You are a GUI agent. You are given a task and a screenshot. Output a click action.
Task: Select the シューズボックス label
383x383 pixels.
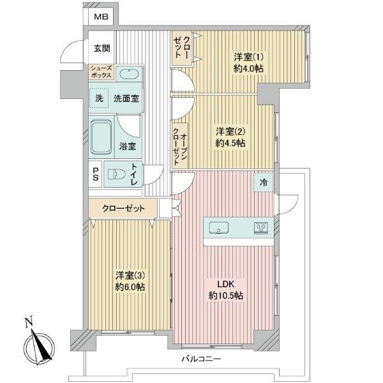[101, 73]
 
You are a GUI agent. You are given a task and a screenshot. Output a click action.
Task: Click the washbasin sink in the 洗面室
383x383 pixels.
[130, 73]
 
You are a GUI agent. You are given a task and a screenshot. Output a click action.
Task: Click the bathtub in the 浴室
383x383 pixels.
[100, 136]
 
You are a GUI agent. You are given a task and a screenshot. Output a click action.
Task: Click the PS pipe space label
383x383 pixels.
[94, 174]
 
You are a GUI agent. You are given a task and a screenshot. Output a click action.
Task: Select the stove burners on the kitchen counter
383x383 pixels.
[261, 227]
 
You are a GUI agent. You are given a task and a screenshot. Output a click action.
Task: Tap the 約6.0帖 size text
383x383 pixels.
[130, 288]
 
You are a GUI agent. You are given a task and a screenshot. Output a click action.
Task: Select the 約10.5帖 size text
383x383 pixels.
[227, 296]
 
